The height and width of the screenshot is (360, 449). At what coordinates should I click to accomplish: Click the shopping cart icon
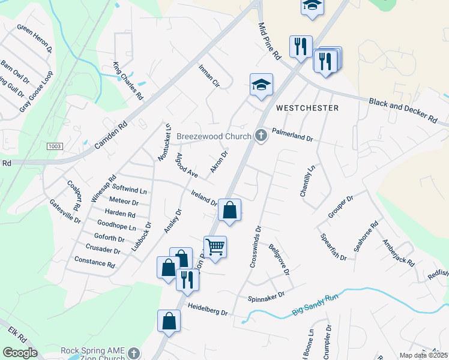215,247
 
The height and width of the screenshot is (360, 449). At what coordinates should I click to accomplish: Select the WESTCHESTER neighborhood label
307,108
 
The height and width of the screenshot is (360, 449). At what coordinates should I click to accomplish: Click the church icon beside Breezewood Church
261,136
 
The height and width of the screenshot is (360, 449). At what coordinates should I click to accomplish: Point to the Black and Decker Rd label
402,111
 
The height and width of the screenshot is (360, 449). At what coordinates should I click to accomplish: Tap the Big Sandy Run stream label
316,305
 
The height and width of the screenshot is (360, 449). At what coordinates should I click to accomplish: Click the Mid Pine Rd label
270,41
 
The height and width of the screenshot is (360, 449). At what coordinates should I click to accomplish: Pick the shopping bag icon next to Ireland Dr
229,211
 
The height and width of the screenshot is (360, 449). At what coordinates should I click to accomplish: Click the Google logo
19,353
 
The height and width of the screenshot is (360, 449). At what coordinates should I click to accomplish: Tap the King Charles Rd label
128,80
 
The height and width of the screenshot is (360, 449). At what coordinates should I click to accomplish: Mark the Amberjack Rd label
399,253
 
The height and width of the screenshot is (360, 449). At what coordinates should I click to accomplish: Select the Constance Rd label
94,262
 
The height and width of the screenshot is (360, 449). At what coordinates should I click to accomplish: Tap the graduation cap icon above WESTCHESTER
261,85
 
